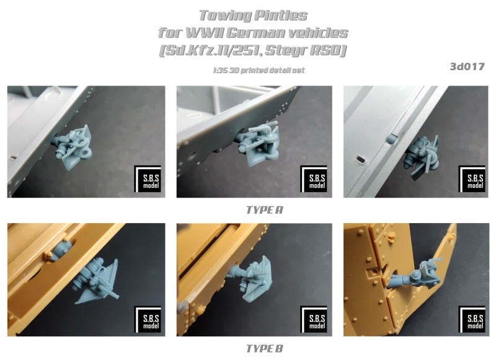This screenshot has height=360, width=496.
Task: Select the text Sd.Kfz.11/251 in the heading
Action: pyautogui.click(x=210, y=51)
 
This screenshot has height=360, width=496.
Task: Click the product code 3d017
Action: pyautogui.click(x=467, y=67)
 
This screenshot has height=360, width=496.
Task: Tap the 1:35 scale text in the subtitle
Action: pyautogui.click(x=220, y=70)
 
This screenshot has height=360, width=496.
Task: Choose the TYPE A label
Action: pyautogui.click(x=265, y=210)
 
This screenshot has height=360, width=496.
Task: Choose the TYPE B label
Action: pyautogui.click(x=265, y=349)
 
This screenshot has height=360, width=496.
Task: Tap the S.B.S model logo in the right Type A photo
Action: pyautogui.click(x=472, y=178)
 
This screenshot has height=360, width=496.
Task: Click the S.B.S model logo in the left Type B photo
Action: pyautogui.click(x=148, y=319)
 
